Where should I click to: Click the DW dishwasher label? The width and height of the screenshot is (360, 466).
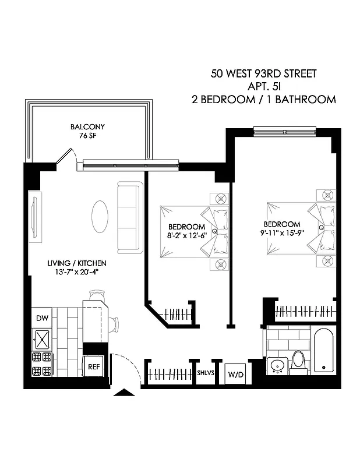[42, 317]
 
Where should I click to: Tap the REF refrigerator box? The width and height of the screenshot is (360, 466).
[94, 367]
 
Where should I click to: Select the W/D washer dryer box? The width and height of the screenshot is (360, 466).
[235, 373]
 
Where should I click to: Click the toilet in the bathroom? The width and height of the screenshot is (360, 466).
[299, 361]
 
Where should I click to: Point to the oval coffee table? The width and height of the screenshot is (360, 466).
[100, 217]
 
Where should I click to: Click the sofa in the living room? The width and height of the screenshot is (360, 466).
[129, 217]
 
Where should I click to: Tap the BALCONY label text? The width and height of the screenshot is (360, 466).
[87, 127]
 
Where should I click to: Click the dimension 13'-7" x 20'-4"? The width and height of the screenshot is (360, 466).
[77, 272]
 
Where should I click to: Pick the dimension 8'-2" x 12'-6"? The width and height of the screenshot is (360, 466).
[186, 235]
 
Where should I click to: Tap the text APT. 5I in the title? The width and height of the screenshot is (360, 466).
[264, 87]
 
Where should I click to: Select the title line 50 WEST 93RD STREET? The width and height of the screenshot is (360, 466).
[264, 75]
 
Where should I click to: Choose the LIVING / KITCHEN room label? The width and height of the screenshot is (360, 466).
[77, 263]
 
